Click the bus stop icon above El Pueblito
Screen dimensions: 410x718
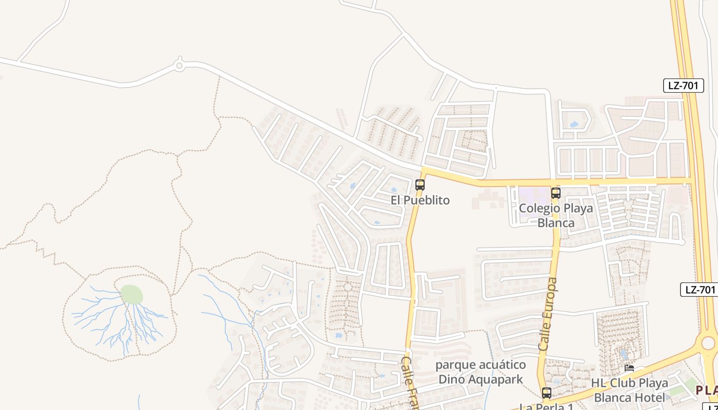420,185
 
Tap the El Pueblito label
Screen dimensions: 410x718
420,200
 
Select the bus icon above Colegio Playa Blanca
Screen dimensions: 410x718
556,193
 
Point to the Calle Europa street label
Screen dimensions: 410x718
548,314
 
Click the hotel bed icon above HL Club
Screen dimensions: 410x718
629,368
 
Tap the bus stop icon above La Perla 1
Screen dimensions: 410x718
547,393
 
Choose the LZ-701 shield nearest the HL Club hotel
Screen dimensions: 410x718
699,290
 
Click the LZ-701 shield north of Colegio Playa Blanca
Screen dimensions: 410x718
683,86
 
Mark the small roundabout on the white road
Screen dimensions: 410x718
179,65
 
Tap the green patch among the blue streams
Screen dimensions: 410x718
132,295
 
